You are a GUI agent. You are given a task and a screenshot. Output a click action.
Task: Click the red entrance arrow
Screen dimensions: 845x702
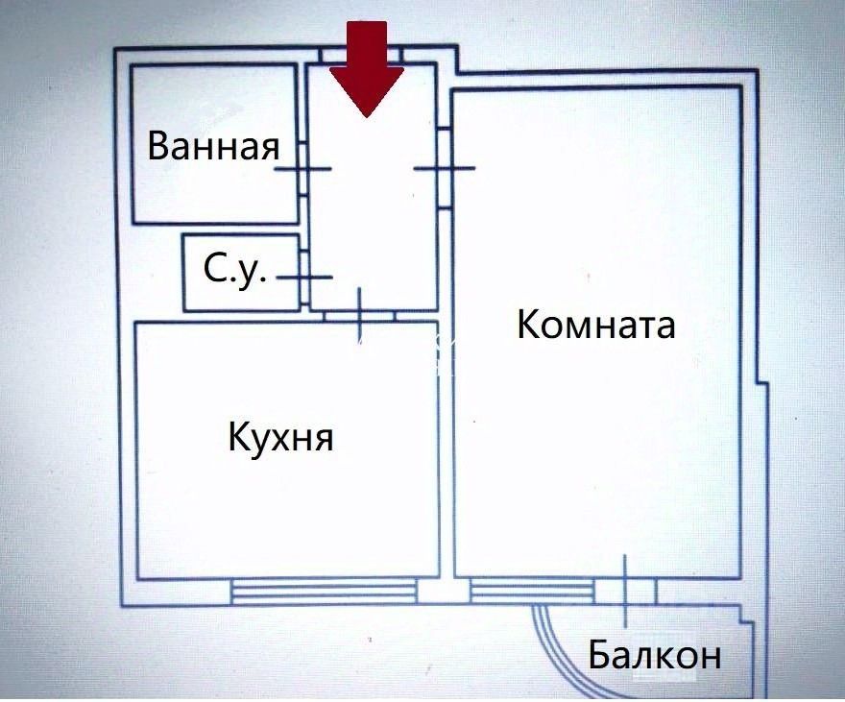pyautogui.click(x=367, y=69)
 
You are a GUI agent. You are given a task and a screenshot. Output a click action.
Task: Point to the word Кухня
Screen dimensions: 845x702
pyautogui.click(x=280, y=437)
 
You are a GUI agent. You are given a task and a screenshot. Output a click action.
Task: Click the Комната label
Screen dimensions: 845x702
pyautogui.click(x=596, y=325)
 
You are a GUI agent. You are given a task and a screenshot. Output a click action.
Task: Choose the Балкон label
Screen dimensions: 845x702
pyautogui.click(x=654, y=655)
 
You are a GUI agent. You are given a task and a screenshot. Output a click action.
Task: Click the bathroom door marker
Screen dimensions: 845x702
pyautogui.click(x=302, y=169)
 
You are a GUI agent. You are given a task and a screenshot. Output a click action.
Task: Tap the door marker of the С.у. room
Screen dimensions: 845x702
pyautogui.click(x=304, y=278)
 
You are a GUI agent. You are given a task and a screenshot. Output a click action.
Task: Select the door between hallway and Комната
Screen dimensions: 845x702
pyautogui.click(x=445, y=168)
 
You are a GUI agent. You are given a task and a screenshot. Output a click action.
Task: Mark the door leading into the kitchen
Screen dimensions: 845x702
pyautogui.click(x=360, y=316)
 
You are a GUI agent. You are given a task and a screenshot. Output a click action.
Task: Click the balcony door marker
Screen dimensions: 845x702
pyautogui.click(x=625, y=591)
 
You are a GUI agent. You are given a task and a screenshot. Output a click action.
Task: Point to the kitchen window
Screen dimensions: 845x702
pyautogui.click(x=324, y=590)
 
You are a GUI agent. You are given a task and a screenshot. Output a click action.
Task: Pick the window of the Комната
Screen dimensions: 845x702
pyautogui.click(x=532, y=590)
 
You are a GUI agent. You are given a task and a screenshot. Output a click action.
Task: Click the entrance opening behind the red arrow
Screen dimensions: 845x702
pyautogui.click(x=360, y=56)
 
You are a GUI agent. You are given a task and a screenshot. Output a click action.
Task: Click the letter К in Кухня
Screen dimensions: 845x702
pyautogui.click(x=240, y=437)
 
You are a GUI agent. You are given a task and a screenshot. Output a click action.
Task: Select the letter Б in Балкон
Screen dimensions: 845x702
pyautogui.click(x=598, y=655)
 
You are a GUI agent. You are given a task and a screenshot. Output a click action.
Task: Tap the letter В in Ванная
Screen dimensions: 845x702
pyautogui.click(x=158, y=145)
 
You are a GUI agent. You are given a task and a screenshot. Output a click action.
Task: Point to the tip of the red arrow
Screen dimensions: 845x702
pyautogui.click(x=367, y=117)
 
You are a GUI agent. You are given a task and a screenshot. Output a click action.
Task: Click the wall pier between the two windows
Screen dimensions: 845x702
pyautogui.click(x=444, y=591)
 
